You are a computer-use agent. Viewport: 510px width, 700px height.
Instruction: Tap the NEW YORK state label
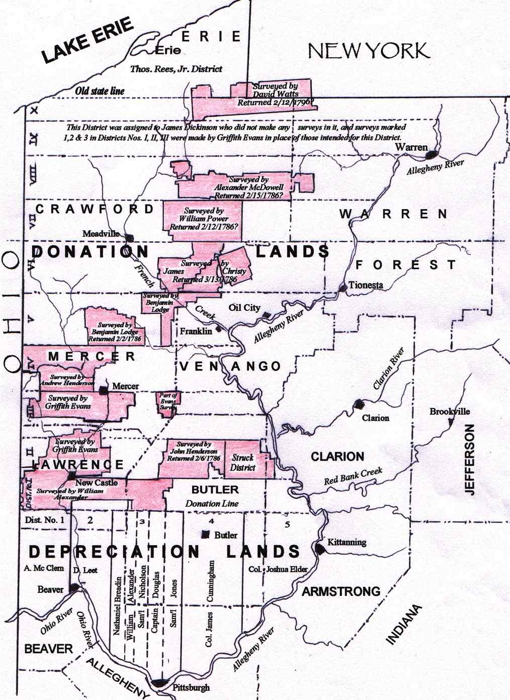pyautogui.click(x=368, y=51)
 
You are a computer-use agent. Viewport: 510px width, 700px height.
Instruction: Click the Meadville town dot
pyautogui.click(x=129, y=238)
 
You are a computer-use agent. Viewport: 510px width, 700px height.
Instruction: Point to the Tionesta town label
pyautogui.click(x=366, y=285)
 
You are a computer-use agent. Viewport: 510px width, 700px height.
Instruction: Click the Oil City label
pyautogui.click(x=244, y=308)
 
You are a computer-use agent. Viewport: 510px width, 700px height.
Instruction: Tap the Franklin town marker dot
pyautogui.click(x=218, y=330)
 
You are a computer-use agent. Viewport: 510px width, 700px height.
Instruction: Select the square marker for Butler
pyautogui.click(x=205, y=535)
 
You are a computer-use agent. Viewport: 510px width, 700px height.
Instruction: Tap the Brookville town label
pyautogui.click(x=449, y=411)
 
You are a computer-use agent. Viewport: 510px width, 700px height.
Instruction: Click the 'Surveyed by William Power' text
pyautogui.click(x=203, y=219)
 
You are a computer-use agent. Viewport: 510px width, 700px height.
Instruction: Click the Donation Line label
pyautogui.click(x=212, y=503)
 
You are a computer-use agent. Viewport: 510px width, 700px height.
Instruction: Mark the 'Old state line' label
pyautogui.click(x=100, y=91)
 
